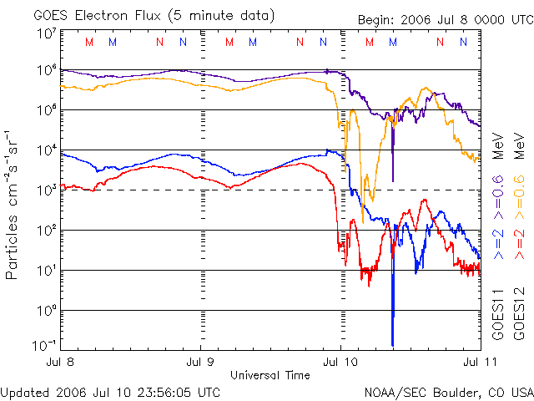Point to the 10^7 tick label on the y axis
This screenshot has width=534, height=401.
[46, 33]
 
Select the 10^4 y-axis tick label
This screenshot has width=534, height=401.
[46, 150]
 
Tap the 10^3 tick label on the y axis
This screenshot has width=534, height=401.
[46, 190]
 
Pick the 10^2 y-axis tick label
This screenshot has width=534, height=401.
[46, 231]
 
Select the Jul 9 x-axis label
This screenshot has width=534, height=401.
[200, 362]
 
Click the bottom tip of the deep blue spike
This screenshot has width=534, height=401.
[392, 345]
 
